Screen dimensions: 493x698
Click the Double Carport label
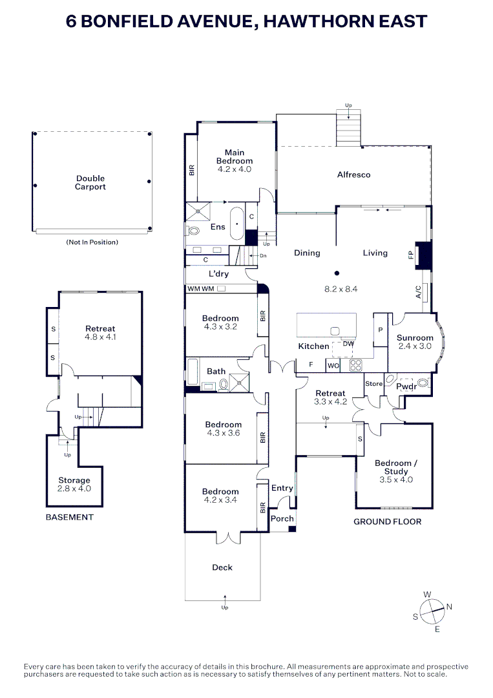coord(90,182)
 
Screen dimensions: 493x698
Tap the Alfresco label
coord(353,174)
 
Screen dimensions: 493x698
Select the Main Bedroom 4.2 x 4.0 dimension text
coord(235,169)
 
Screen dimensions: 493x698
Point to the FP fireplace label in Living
coord(411,255)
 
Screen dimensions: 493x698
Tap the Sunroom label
coord(415,338)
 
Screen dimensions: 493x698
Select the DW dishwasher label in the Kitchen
coord(348,344)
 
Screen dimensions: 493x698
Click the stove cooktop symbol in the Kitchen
coord(355,365)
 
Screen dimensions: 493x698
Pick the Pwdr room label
coord(406,386)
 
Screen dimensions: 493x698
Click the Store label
coord(373,383)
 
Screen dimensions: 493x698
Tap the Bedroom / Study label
coord(396,467)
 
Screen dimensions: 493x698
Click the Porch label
coord(282,518)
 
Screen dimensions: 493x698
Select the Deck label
coord(222,567)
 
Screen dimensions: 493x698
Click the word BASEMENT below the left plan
coord(69,517)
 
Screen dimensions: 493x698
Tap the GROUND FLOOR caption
coord(387,522)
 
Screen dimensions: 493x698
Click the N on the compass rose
coord(449,606)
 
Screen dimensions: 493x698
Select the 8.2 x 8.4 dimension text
coord(341,289)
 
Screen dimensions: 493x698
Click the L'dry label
coord(218,274)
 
